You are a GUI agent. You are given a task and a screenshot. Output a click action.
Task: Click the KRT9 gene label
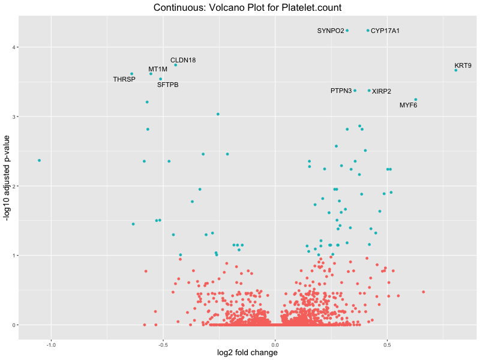pyautogui.click(x=463, y=65)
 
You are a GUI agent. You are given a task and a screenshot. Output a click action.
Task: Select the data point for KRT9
pyautogui.click(x=456, y=70)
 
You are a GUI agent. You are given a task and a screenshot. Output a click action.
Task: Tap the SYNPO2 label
pyautogui.click(x=331, y=31)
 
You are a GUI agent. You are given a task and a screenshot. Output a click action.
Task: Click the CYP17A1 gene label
pyautogui.click(x=385, y=31)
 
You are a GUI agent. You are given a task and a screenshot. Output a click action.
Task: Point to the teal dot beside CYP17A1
pyautogui.click(x=368, y=31)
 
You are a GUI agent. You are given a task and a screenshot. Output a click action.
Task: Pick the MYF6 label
pyautogui.click(x=408, y=106)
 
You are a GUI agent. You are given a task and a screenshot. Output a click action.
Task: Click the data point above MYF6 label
pyautogui.click(x=415, y=100)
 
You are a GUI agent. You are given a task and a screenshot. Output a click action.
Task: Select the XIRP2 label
pyautogui.click(x=382, y=91)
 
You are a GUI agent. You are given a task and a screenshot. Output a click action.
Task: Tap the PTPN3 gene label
pyautogui.click(x=341, y=91)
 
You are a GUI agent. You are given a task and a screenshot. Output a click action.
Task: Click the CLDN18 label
pyautogui.click(x=183, y=60)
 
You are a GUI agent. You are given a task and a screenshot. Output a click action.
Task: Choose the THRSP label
pyautogui.click(x=124, y=79)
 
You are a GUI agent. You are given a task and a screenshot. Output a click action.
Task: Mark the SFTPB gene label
pyautogui.click(x=168, y=85)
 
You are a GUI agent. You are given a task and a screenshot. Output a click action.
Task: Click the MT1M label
pyautogui.click(x=158, y=70)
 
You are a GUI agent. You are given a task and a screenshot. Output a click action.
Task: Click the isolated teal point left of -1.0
pyautogui.click(x=39, y=160)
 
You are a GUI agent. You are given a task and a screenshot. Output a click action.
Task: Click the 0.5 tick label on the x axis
pyautogui.click(x=388, y=344)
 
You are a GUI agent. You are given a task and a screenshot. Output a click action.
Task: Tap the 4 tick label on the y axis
pyautogui.click(x=11, y=47)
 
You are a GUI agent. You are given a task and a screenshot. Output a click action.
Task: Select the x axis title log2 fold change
pyautogui.click(x=247, y=353)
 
